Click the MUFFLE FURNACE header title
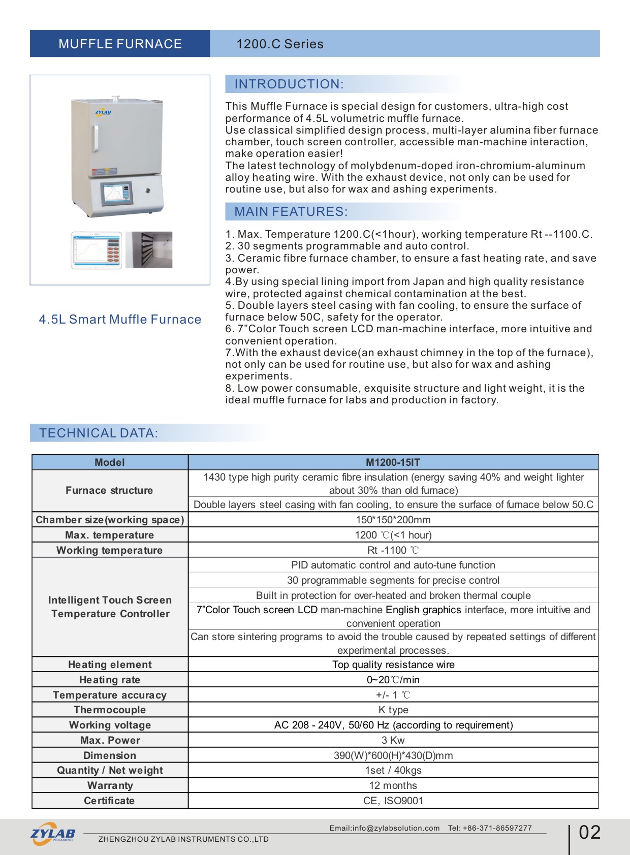120,44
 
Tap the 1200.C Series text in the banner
280,44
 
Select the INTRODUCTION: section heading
289,84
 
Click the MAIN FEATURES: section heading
291,212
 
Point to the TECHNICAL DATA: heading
99,433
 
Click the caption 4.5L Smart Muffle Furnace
120,319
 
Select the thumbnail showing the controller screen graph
97,250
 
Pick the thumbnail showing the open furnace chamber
149,249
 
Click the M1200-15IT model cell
393,462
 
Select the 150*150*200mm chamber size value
393,520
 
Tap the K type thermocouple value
393,710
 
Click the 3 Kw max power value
393,740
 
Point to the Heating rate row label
110,680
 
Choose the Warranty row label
110,785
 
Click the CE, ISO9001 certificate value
393,801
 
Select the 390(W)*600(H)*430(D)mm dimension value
393,755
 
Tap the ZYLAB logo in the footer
53,834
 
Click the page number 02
590,832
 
